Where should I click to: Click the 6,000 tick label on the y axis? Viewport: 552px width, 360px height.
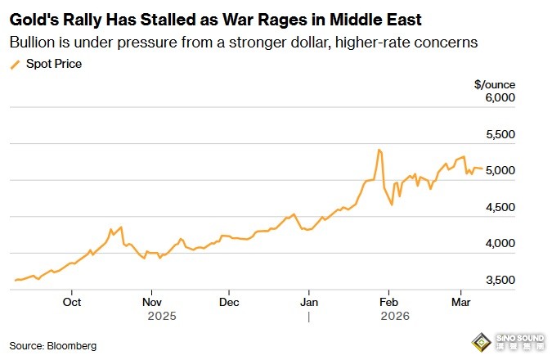pos(500,98)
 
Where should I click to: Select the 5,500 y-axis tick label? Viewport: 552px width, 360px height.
pos(500,134)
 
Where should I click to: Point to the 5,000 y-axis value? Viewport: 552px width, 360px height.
pos(500,171)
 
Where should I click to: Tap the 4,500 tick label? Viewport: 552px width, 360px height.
pos(500,208)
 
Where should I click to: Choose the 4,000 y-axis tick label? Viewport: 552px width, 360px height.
pos(500,244)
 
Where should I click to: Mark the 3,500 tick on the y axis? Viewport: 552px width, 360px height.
pos(500,281)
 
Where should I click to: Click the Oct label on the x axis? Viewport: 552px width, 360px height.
pos(72,301)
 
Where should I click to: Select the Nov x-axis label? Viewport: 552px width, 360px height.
pos(151,301)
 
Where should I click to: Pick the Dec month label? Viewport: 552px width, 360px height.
pos(230,301)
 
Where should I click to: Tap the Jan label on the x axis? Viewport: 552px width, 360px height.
pos(309,301)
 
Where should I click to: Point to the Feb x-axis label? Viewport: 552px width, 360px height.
pos(388,301)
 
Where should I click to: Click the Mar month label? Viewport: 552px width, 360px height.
pos(460,301)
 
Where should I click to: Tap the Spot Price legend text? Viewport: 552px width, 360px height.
pos(54,63)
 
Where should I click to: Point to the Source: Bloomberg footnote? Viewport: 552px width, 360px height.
pos(53,346)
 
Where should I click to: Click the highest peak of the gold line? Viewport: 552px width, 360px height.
pos(379,150)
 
